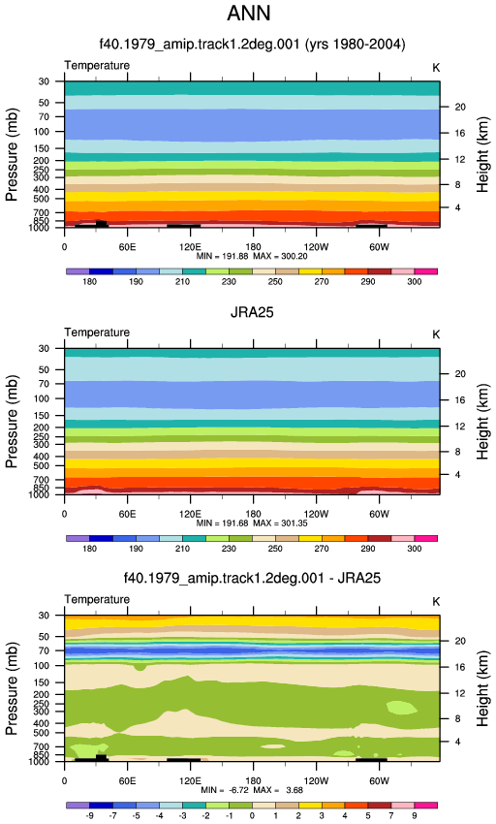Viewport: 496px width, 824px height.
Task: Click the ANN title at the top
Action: tap(249, 13)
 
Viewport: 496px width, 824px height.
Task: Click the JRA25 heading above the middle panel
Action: tap(252, 312)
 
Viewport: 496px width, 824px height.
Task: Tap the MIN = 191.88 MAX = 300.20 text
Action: tap(252, 257)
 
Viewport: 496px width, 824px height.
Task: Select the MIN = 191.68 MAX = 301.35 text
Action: tap(252, 523)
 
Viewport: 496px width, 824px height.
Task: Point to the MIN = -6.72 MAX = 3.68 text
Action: tap(252, 790)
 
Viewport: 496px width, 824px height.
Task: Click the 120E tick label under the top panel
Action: tap(190, 247)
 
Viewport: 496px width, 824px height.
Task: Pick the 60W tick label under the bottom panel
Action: tap(379, 781)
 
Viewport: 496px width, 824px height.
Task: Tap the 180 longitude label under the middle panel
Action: tap(253, 514)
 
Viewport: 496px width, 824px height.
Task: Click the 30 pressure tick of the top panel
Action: tap(44, 81)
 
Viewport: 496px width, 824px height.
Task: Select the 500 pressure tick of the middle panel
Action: tap(42, 466)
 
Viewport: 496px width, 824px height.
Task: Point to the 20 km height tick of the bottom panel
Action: tap(460, 641)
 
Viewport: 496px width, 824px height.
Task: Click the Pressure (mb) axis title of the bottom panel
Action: tap(12, 688)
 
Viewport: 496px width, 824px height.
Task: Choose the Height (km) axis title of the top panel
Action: tap(482, 154)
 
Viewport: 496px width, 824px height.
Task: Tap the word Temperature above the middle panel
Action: tap(97, 333)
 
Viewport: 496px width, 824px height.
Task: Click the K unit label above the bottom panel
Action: tap(436, 602)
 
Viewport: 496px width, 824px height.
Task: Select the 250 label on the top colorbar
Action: tap(275, 282)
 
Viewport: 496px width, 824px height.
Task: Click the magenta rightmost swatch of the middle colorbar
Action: tap(425, 539)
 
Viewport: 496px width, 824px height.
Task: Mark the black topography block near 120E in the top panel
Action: tap(183, 226)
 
